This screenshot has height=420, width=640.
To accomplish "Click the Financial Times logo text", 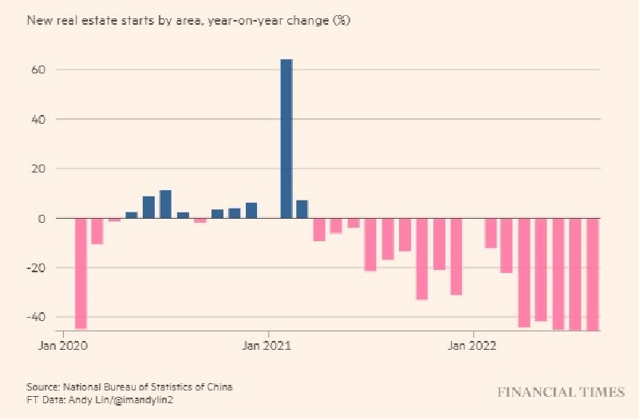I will click(x=561, y=392).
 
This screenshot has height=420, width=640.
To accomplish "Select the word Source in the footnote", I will click(x=43, y=387).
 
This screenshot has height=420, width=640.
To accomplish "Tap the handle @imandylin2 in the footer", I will click(x=144, y=399).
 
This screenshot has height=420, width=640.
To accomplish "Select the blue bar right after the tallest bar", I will click(x=302, y=209).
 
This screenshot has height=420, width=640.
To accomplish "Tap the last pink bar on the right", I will click(x=593, y=274).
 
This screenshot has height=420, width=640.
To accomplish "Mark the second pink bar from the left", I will click(x=97, y=232).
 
